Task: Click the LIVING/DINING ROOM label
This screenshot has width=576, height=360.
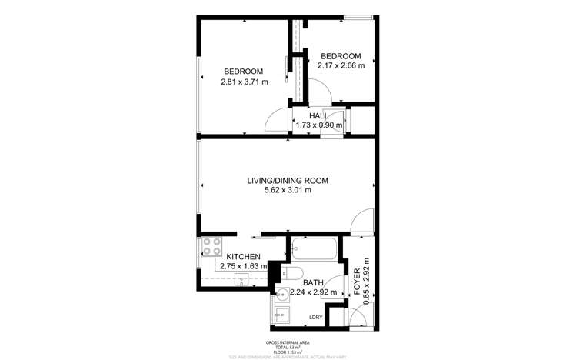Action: click(287, 181)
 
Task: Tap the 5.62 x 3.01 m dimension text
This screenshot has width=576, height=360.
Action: click(287, 190)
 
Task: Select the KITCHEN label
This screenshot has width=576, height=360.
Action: click(242, 257)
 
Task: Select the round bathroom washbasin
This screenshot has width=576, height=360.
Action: click(283, 293)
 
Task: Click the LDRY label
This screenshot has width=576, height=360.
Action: click(315, 317)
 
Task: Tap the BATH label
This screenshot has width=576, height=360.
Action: click(313, 283)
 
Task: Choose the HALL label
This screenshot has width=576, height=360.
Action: click(319, 116)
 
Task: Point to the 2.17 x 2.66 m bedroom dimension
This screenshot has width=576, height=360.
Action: click(341, 65)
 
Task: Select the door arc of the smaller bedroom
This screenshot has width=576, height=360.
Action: click(321, 93)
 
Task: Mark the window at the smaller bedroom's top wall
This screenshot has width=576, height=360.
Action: click(358, 18)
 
